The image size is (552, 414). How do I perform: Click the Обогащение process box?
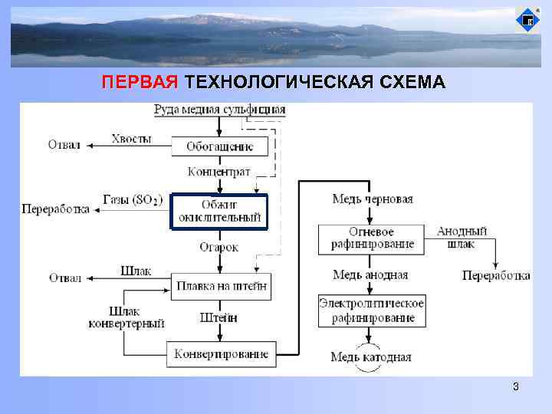click(219, 146)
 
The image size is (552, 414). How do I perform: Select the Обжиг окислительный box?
click(220, 212)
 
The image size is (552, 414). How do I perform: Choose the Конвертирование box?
click(221, 353)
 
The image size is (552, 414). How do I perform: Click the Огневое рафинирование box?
click(371, 238)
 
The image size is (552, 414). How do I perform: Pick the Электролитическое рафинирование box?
click(371, 310)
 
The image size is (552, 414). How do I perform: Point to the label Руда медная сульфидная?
click(220, 109)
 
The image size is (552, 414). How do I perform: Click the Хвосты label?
click(131, 139)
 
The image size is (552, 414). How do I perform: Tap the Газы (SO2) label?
click(133, 200)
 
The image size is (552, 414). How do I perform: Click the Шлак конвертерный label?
click(127, 317)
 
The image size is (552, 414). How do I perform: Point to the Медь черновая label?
click(372, 199)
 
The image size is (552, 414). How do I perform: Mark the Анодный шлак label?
click(462, 238)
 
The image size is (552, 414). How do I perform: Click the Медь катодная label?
click(371, 356)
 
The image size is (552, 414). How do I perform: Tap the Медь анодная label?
click(371, 274)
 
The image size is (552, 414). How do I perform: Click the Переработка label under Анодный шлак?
click(496, 275)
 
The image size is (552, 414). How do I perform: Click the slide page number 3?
click(516, 387)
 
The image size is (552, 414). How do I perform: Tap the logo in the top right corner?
click(527, 19)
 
